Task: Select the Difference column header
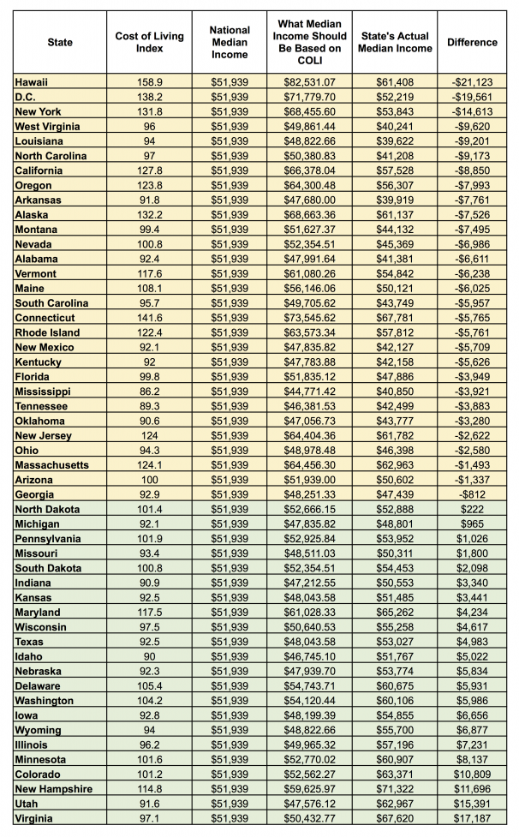472,42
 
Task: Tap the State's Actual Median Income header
395,42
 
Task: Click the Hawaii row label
32,81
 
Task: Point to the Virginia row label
33,819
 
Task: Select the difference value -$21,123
472,81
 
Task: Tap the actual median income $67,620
395,819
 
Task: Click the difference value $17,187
472,819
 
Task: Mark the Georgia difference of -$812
472,494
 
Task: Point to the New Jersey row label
43,435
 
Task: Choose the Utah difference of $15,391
472,804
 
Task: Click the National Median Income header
229,42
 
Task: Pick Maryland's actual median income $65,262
395,613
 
